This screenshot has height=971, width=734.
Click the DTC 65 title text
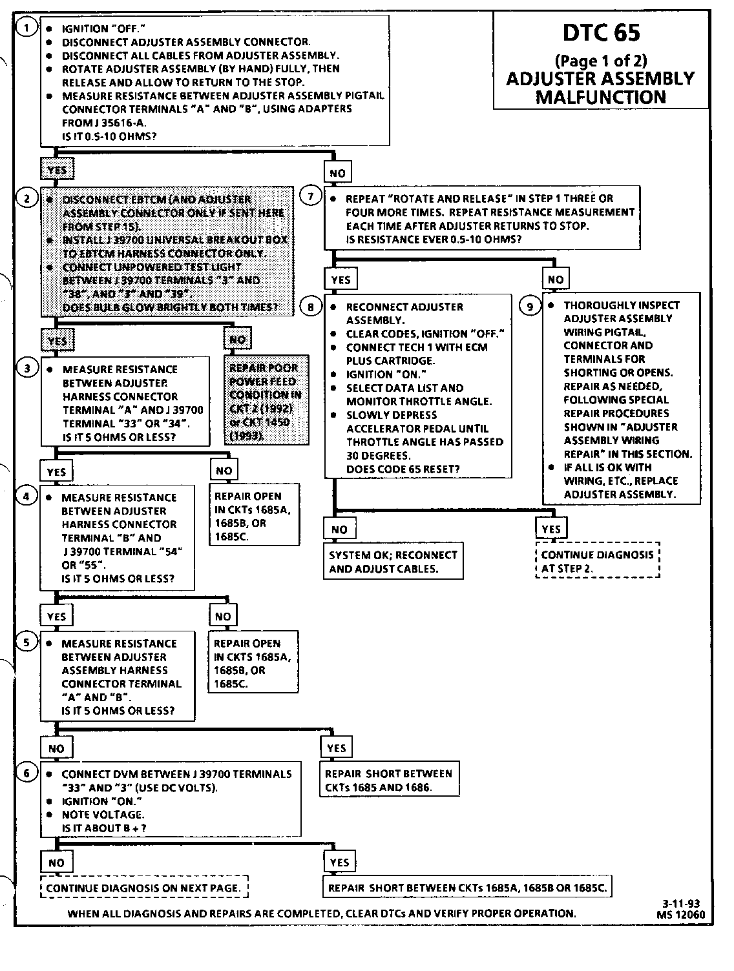(x=601, y=33)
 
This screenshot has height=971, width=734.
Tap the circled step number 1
(x=27, y=28)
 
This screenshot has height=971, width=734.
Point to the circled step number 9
(x=530, y=306)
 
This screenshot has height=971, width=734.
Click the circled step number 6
(x=27, y=773)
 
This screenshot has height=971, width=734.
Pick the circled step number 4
(x=27, y=497)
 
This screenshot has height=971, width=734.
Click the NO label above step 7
(x=337, y=173)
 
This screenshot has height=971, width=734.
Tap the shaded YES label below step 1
(x=57, y=170)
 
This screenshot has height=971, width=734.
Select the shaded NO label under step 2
(x=238, y=340)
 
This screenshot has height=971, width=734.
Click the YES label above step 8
(x=341, y=280)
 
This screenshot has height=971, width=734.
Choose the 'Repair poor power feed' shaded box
(x=266, y=401)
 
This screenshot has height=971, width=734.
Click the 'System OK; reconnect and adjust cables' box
(x=393, y=562)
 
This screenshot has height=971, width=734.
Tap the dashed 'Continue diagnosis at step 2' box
(x=597, y=562)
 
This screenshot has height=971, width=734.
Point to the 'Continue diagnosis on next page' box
(x=143, y=888)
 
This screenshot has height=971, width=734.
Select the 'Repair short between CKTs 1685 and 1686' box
(x=389, y=781)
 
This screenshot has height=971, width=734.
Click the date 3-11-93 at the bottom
(x=680, y=904)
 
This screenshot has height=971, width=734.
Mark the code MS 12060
(x=680, y=914)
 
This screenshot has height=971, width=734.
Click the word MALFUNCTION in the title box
(x=601, y=97)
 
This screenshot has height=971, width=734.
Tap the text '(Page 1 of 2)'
(x=601, y=61)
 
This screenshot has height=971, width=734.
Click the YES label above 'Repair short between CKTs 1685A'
(x=339, y=863)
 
